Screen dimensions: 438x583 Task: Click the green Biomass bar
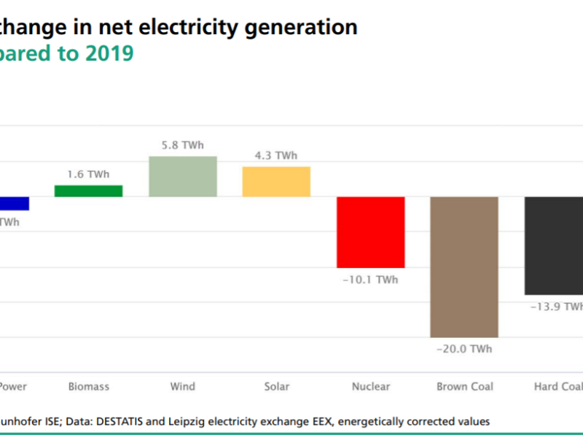88,191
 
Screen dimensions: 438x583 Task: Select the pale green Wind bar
183,177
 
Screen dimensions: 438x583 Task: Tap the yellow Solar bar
276,182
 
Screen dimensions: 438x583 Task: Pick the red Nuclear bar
370,232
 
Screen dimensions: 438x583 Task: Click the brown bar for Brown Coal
464,266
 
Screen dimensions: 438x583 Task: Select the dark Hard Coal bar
554,245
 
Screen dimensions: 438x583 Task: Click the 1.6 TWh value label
88,174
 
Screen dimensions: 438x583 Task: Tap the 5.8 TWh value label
183,145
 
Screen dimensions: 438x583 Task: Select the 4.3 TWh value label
276,155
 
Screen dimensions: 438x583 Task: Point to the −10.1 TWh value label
370,280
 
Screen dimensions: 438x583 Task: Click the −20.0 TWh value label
464,349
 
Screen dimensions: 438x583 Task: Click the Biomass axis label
88,387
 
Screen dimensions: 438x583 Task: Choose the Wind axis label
183,387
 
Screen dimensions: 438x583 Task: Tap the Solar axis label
276,387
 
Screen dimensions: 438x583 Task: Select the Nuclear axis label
370,387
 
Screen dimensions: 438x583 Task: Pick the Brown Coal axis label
464,387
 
